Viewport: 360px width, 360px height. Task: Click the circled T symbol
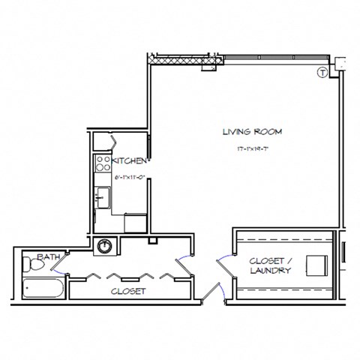pyautogui.click(x=322, y=73)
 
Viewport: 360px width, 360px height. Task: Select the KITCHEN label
pyautogui.click(x=129, y=160)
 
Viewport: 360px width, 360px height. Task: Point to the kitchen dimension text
pyautogui.click(x=128, y=177)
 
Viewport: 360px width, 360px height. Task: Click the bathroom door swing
pyautogui.click(x=63, y=263)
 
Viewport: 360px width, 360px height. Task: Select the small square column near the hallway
pyautogui.click(x=153, y=241)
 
